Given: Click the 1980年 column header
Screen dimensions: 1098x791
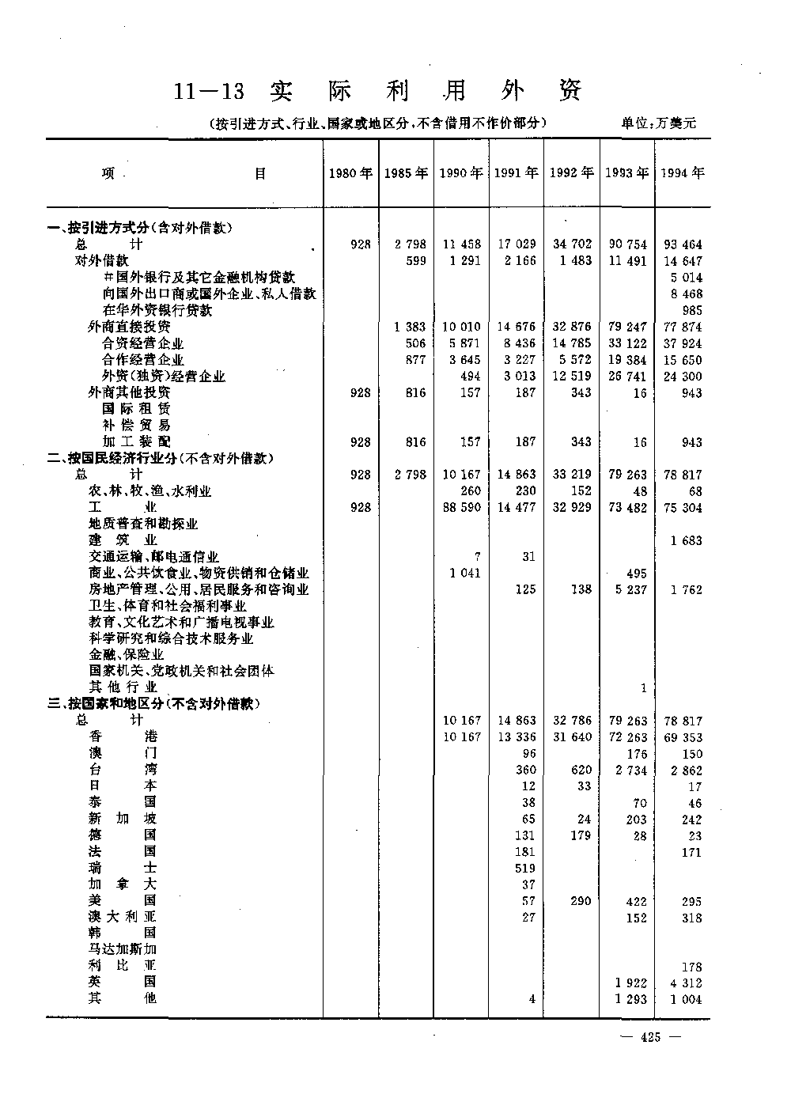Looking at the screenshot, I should click(350, 173).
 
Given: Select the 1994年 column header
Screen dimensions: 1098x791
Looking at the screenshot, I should click(683, 173).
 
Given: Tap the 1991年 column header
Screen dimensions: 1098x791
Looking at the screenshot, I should click(516, 173).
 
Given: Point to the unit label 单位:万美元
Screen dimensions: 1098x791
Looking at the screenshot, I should click(658, 123).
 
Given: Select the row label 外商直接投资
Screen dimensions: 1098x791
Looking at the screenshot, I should click(129, 326).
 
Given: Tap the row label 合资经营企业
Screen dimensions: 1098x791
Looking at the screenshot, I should click(142, 343).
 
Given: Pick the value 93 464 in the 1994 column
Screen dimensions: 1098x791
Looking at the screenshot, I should click(683, 244).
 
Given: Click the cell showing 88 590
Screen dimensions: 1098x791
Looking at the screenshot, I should click(461, 507).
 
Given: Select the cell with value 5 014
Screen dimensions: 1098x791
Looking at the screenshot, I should click(686, 277).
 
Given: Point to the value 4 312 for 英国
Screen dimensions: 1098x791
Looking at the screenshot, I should click(686, 983).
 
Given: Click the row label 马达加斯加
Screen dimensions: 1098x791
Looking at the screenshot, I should click(123, 949).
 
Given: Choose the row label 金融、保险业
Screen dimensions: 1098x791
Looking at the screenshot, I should click(127, 654).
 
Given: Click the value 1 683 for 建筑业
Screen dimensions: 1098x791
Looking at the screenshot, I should click(686, 540).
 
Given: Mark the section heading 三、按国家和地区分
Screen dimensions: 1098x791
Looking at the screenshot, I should click(154, 703).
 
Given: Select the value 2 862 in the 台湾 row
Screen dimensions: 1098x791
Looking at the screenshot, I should click(686, 770).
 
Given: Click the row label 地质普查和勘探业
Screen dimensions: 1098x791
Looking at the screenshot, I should click(143, 524).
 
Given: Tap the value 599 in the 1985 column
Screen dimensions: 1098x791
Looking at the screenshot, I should click(415, 261).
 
